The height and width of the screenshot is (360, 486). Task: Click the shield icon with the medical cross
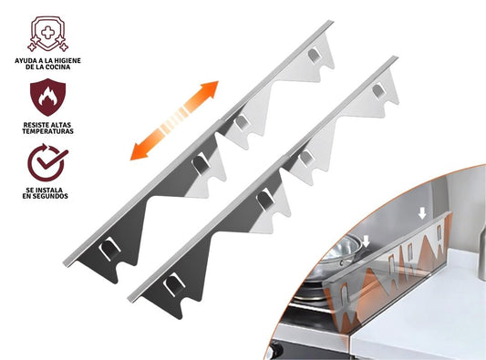(x=47, y=34)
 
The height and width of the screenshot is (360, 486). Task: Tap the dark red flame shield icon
(x=47, y=97)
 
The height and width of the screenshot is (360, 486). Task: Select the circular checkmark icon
(x=47, y=162)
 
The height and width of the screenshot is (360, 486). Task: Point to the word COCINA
(x=58, y=67)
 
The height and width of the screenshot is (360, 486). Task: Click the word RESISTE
(x=36, y=125)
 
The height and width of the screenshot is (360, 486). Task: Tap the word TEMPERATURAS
(x=47, y=131)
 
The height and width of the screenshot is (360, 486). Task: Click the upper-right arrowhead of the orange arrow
(x=210, y=89)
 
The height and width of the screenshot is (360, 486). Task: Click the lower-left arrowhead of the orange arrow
(x=139, y=152)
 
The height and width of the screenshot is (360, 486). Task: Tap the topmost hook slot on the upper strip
(x=314, y=55)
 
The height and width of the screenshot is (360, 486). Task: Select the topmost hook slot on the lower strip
(x=378, y=91)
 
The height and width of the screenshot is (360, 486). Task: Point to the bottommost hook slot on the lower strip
(x=173, y=283)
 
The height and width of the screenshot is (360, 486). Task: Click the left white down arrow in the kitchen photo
(x=367, y=241)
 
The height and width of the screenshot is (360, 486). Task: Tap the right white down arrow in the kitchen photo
(x=422, y=213)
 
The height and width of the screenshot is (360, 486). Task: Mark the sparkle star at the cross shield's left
(x=32, y=46)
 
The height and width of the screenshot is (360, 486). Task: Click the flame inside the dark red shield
(x=47, y=97)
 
